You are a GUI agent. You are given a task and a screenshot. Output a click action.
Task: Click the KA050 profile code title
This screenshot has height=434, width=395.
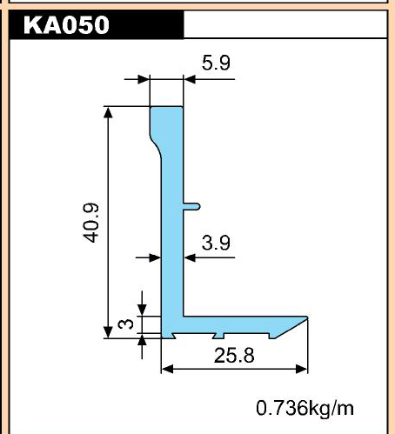[66, 25]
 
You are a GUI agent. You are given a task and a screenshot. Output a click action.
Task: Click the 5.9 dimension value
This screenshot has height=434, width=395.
[216, 63]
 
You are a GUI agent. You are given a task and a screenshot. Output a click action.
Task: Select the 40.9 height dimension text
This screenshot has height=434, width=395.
[90, 223]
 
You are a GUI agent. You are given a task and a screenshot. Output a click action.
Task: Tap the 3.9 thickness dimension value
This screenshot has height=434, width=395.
[216, 243]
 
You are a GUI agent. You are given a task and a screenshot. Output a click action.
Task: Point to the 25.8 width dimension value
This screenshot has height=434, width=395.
[234, 356]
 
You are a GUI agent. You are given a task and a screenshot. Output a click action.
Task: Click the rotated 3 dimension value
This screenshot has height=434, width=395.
[126, 324]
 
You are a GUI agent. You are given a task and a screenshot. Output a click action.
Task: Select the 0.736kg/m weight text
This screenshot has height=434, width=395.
[305, 408]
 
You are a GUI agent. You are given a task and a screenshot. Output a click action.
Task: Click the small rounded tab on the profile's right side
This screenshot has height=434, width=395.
[191, 206]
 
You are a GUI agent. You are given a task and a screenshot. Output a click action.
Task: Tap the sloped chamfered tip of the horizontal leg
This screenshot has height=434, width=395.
[291, 328]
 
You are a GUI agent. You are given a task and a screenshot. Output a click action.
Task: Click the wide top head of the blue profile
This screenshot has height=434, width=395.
[166, 122]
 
